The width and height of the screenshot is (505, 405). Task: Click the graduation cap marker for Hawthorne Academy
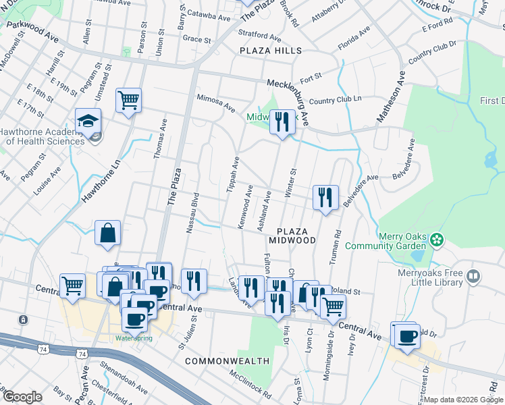click(x=88, y=121)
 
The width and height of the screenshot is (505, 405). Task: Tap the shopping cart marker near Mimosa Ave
click(x=128, y=101)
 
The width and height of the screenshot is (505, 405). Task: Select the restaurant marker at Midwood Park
click(x=282, y=122)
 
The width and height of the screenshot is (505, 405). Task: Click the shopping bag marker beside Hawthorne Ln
click(x=107, y=233)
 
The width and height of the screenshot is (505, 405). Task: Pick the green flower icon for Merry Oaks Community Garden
click(x=437, y=238)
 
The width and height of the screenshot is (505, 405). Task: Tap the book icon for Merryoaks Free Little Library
click(x=474, y=276)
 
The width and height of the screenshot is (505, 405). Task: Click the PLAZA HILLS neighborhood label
click(x=269, y=51)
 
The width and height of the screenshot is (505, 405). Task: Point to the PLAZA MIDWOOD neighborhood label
click(x=292, y=236)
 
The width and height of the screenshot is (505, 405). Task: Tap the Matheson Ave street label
click(x=390, y=97)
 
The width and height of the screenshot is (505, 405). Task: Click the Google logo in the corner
click(x=22, y=397)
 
